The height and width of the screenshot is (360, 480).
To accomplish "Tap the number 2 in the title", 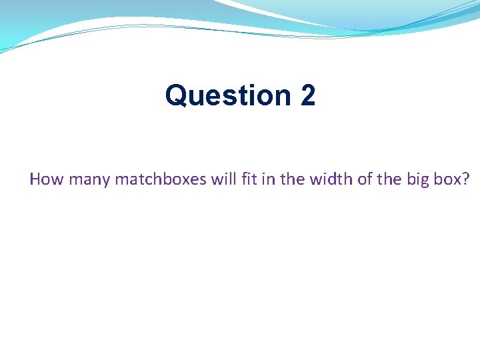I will (x=307, y=95).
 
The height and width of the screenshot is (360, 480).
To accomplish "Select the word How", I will (x=44, y=179).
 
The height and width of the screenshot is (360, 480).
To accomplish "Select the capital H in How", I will (x=35, y=179).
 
